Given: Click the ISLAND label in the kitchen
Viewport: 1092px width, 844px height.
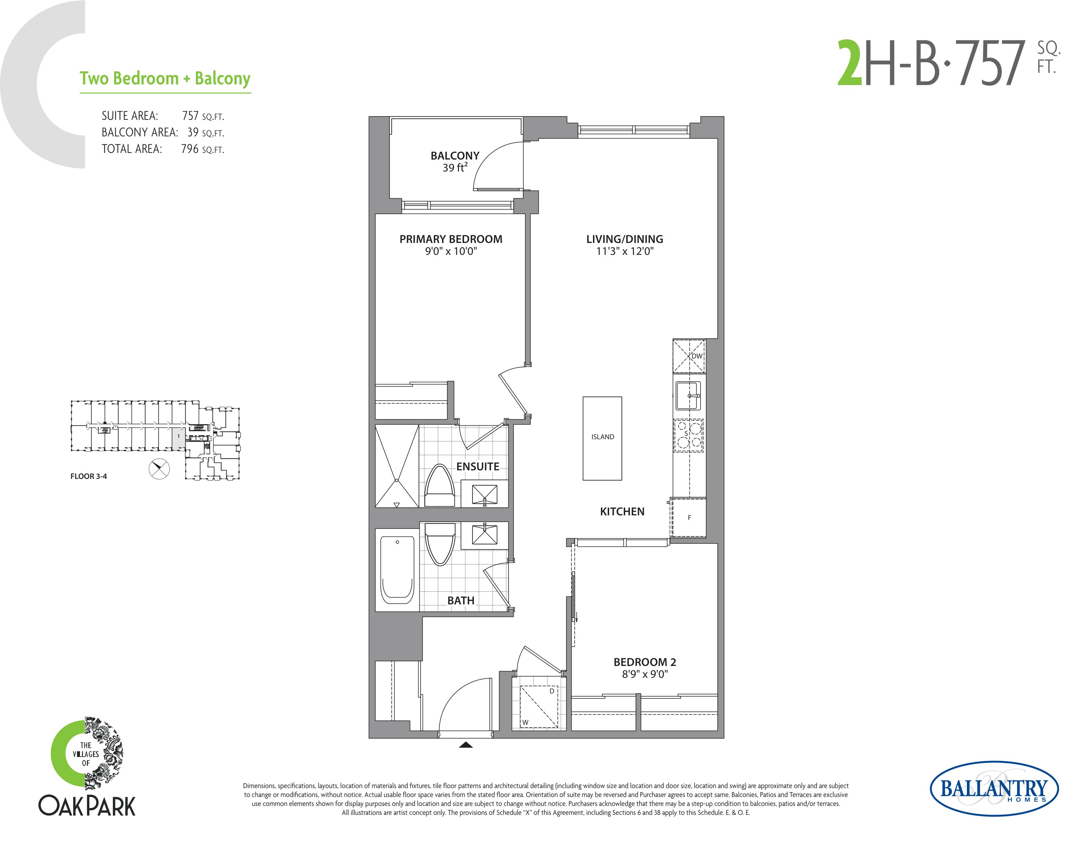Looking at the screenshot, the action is point(603,437).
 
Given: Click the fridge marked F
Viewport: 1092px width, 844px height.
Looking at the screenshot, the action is point(689,518).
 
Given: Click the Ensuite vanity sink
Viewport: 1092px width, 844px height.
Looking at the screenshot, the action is point(484,494).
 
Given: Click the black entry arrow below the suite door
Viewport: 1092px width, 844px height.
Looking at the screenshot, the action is point(466,745).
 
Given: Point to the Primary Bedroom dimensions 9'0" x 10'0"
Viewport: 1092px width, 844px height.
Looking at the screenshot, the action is point(451,251).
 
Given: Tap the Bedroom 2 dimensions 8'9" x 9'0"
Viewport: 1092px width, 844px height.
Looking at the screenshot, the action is point(645,674).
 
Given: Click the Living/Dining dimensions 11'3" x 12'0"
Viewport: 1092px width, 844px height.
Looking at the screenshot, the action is point(625,251).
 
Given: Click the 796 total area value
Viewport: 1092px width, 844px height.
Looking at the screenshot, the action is point(190,149).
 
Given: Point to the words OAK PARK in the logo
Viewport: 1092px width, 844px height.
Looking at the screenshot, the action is point(87,806).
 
